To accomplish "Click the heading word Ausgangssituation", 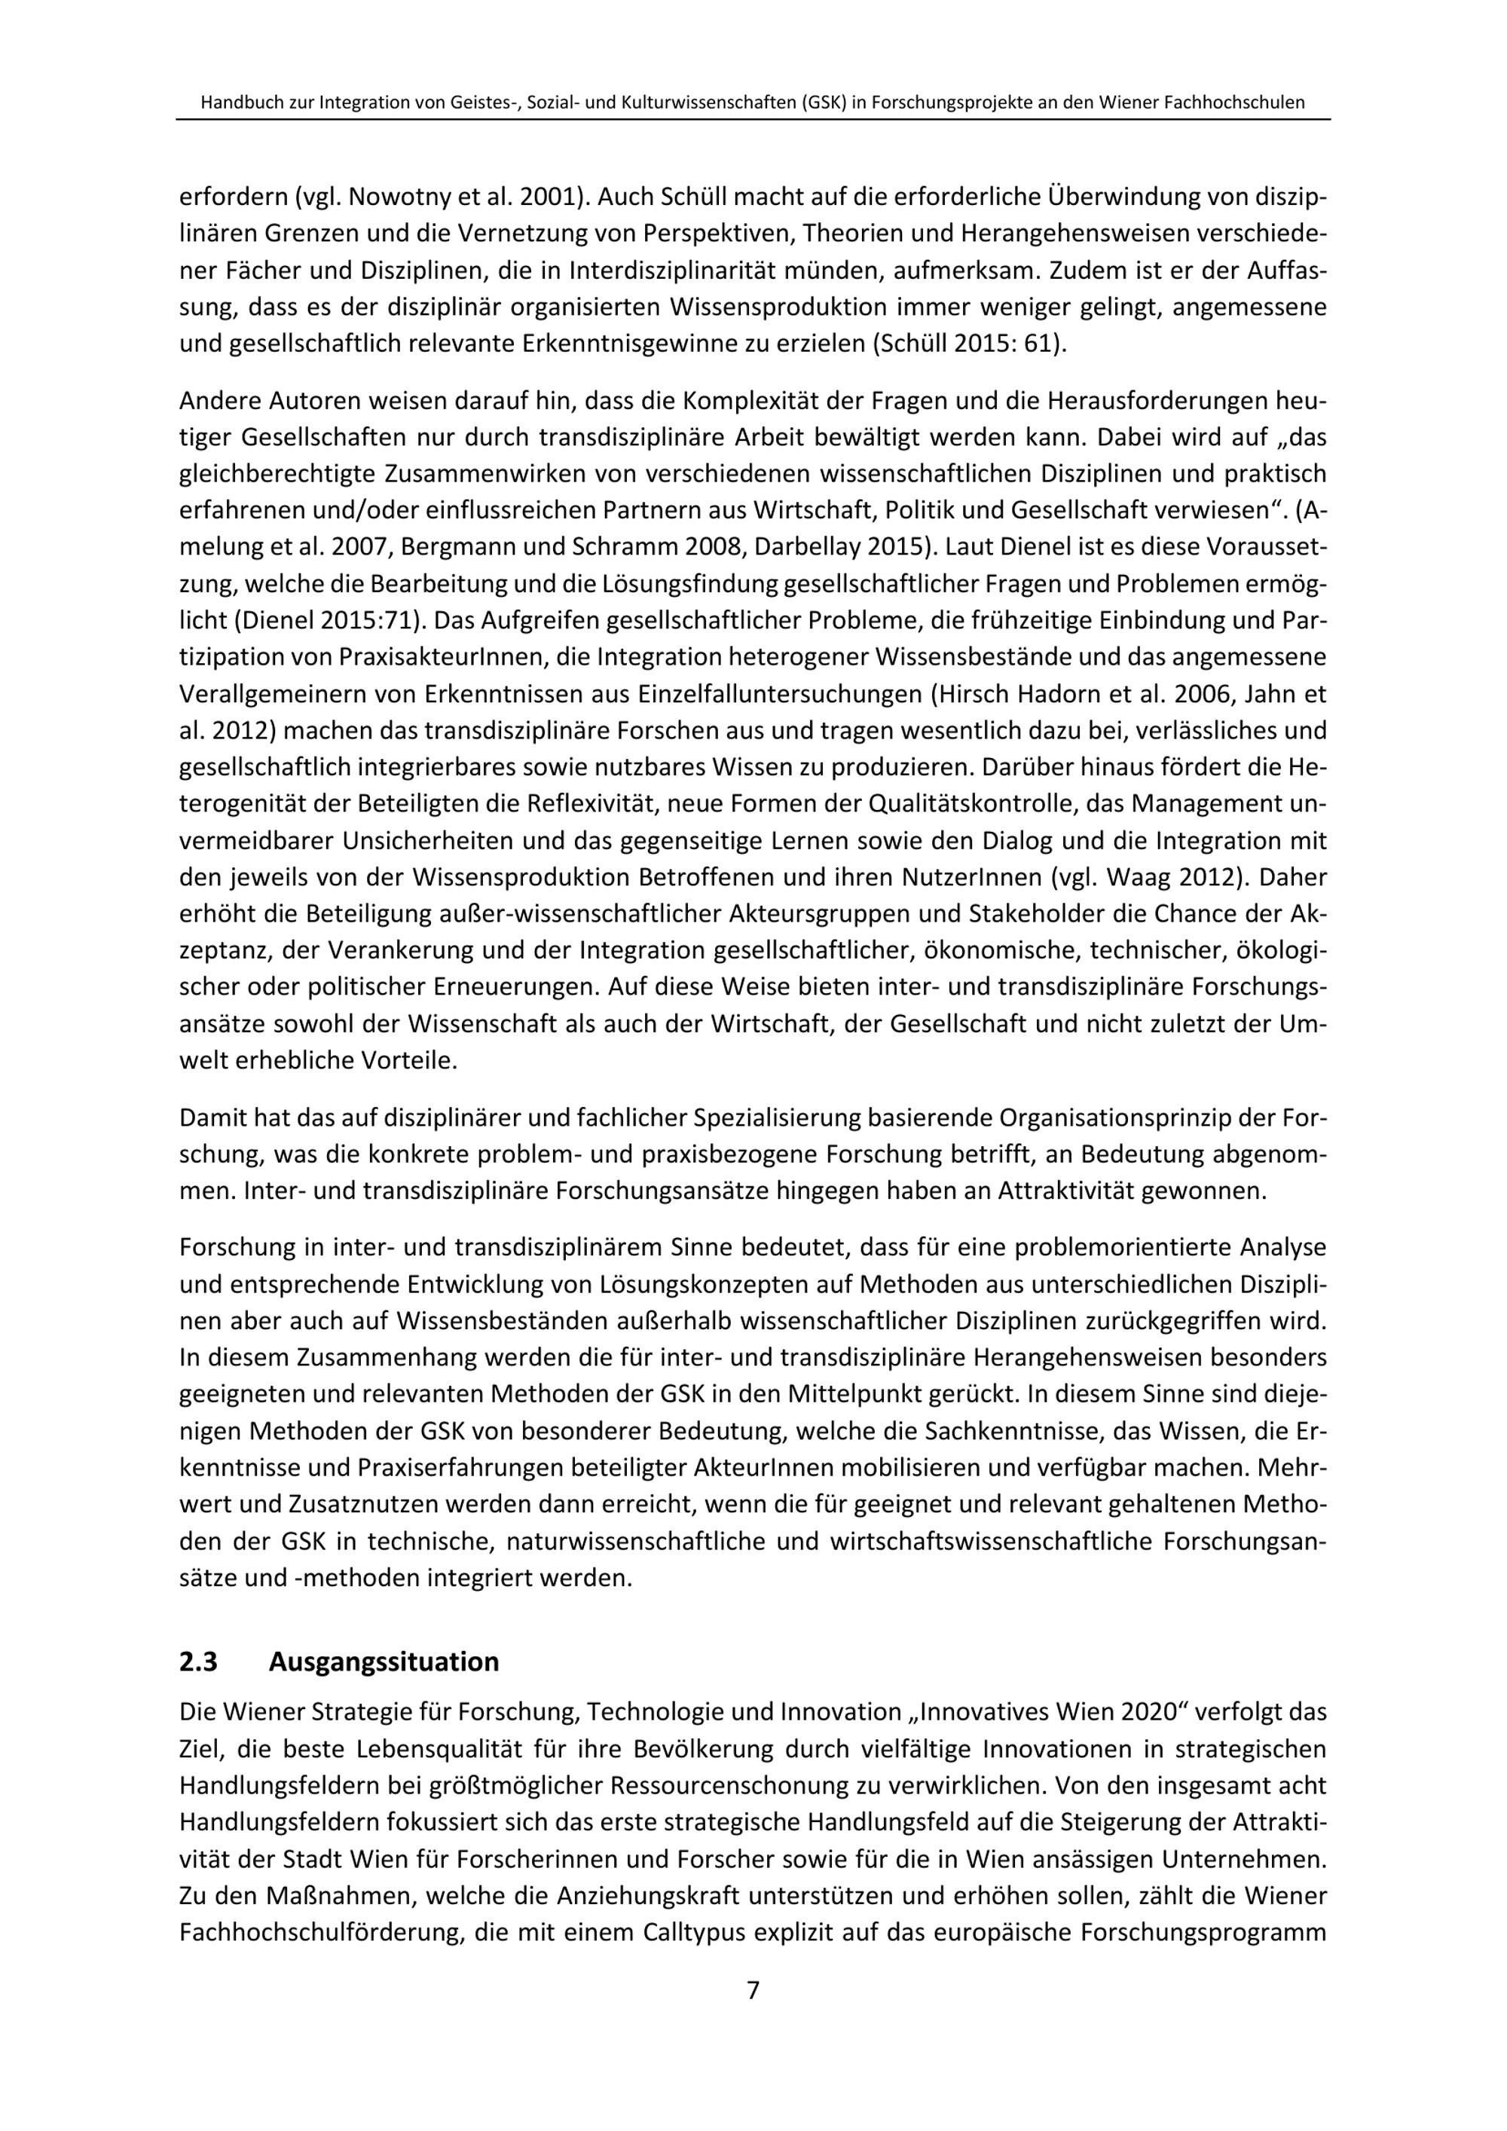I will (x=384, y=1661).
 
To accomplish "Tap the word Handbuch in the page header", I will (x=237, y=103).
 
